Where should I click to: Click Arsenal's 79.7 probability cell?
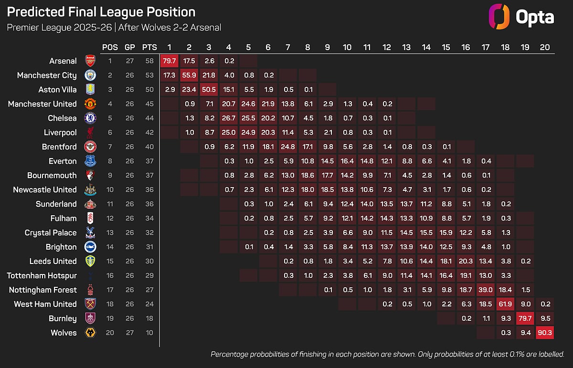(x=169, y=61)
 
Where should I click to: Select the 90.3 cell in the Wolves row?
(x=545, y=333)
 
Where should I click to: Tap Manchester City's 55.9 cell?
(x=189, y=75)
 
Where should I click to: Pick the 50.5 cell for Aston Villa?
(x=209, y=89)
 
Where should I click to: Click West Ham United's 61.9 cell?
(x=505, y=304)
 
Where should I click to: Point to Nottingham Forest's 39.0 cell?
(x=486, y=290)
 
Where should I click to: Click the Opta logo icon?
(x=498, y=17)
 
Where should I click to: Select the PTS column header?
(x=149, y=47)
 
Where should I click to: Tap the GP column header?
(x=129, y=47)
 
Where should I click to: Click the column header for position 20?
(x=545, y=47)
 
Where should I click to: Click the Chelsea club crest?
(x=90, y=118)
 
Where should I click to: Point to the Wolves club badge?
(x=90, y=333)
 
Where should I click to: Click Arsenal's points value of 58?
(x=149, y=61)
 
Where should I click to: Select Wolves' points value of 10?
(x=149, y=333)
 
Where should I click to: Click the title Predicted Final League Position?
(x=101, y=12)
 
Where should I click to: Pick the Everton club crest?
(x=90, y=161)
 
